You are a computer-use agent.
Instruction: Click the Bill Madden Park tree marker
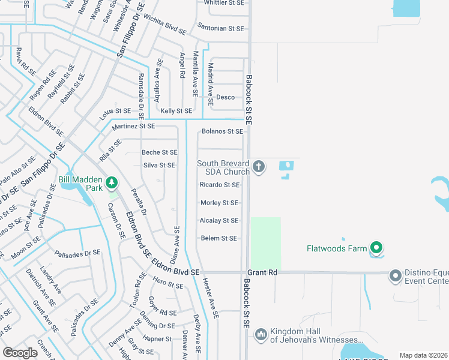click(110, 182)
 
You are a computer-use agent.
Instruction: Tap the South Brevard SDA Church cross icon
click(259, 166)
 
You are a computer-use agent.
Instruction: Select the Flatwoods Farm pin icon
click(376, 247)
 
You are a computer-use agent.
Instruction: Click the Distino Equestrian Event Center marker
click(395, 276)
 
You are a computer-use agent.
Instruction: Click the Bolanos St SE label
click(222, 131)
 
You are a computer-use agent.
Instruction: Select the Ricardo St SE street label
click(220, 185)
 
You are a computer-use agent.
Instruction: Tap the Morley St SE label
click(219, 203)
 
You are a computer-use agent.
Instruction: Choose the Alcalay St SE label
click(219, 221)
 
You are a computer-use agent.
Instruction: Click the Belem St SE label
click(218, 238)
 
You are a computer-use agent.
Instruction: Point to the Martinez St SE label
click(133, 126)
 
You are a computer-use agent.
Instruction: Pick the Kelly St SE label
click(176, 111)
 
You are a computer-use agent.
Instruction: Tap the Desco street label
click(225, 97)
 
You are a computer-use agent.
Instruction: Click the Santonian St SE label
click(220, 28)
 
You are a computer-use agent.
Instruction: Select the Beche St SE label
click(160, 153)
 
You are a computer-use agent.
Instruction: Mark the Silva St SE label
click(159, 166)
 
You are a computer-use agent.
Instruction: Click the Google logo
click(20, 353)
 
